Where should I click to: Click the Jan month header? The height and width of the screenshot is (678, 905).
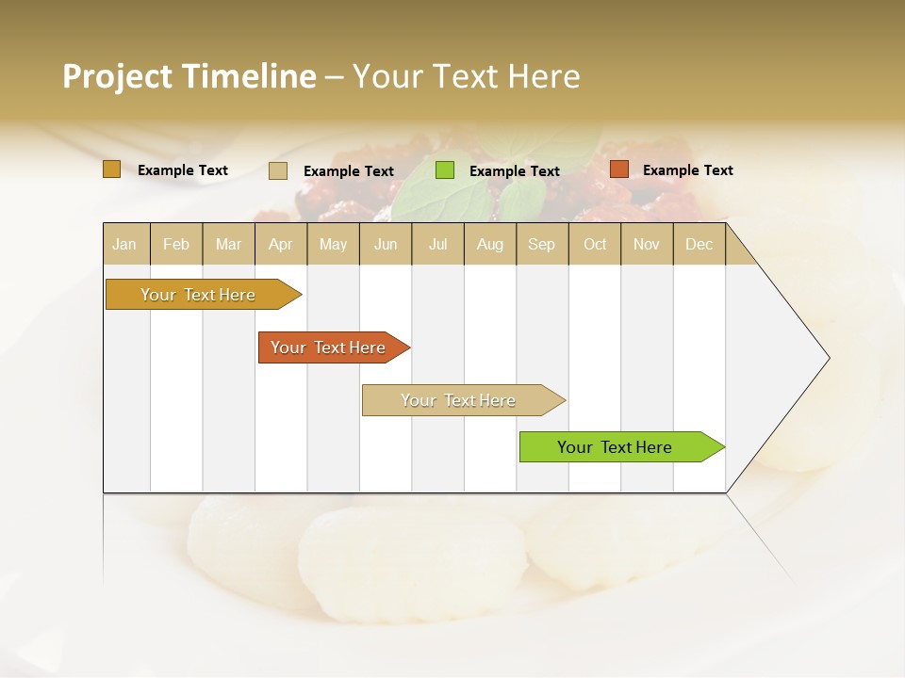coord(124,244)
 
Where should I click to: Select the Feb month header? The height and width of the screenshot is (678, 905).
coord(176,244)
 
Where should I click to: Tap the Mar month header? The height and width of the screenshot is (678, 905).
coord(228,244)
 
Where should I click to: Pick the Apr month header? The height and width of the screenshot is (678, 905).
coord(281,244)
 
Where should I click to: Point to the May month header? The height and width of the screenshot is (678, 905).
coord(333,244)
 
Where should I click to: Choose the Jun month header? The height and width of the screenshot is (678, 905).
coord(386,244)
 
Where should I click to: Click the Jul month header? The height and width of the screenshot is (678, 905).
coord(437,244)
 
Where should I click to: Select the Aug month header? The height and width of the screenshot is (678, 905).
coord(490,244)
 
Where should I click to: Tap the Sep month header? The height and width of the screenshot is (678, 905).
coord(542,244)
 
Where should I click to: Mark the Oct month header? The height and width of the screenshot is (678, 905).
coord(595,244)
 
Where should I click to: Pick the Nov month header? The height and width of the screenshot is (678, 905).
coord(647,244)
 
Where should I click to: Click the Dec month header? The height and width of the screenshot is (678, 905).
coord(699,244)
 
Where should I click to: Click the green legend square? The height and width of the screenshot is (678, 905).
coord(445,170)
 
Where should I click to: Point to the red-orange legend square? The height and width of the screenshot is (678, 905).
coord(618,169)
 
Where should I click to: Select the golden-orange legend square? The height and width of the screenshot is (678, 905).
coord(111,169)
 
